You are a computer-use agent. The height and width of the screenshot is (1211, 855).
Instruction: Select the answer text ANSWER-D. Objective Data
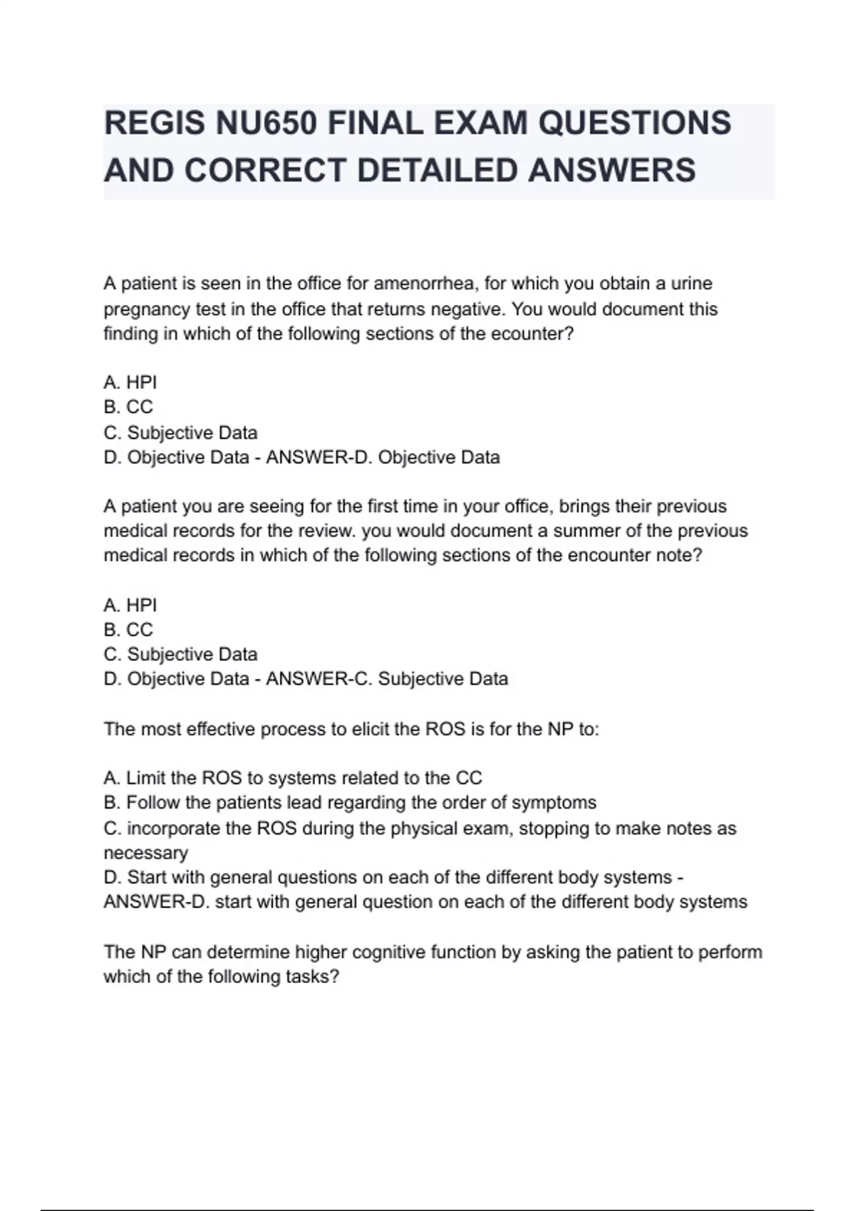[383, 457]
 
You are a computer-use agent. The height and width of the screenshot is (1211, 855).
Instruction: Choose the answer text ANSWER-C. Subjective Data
[387, 679]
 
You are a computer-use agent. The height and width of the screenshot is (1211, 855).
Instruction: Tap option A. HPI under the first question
[130, 383]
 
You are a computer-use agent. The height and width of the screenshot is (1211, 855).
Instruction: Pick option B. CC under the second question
[128, 630]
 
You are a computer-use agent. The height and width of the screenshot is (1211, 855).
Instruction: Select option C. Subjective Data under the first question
[180, 432]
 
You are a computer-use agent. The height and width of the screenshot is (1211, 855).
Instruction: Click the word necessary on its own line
[146, 853]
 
